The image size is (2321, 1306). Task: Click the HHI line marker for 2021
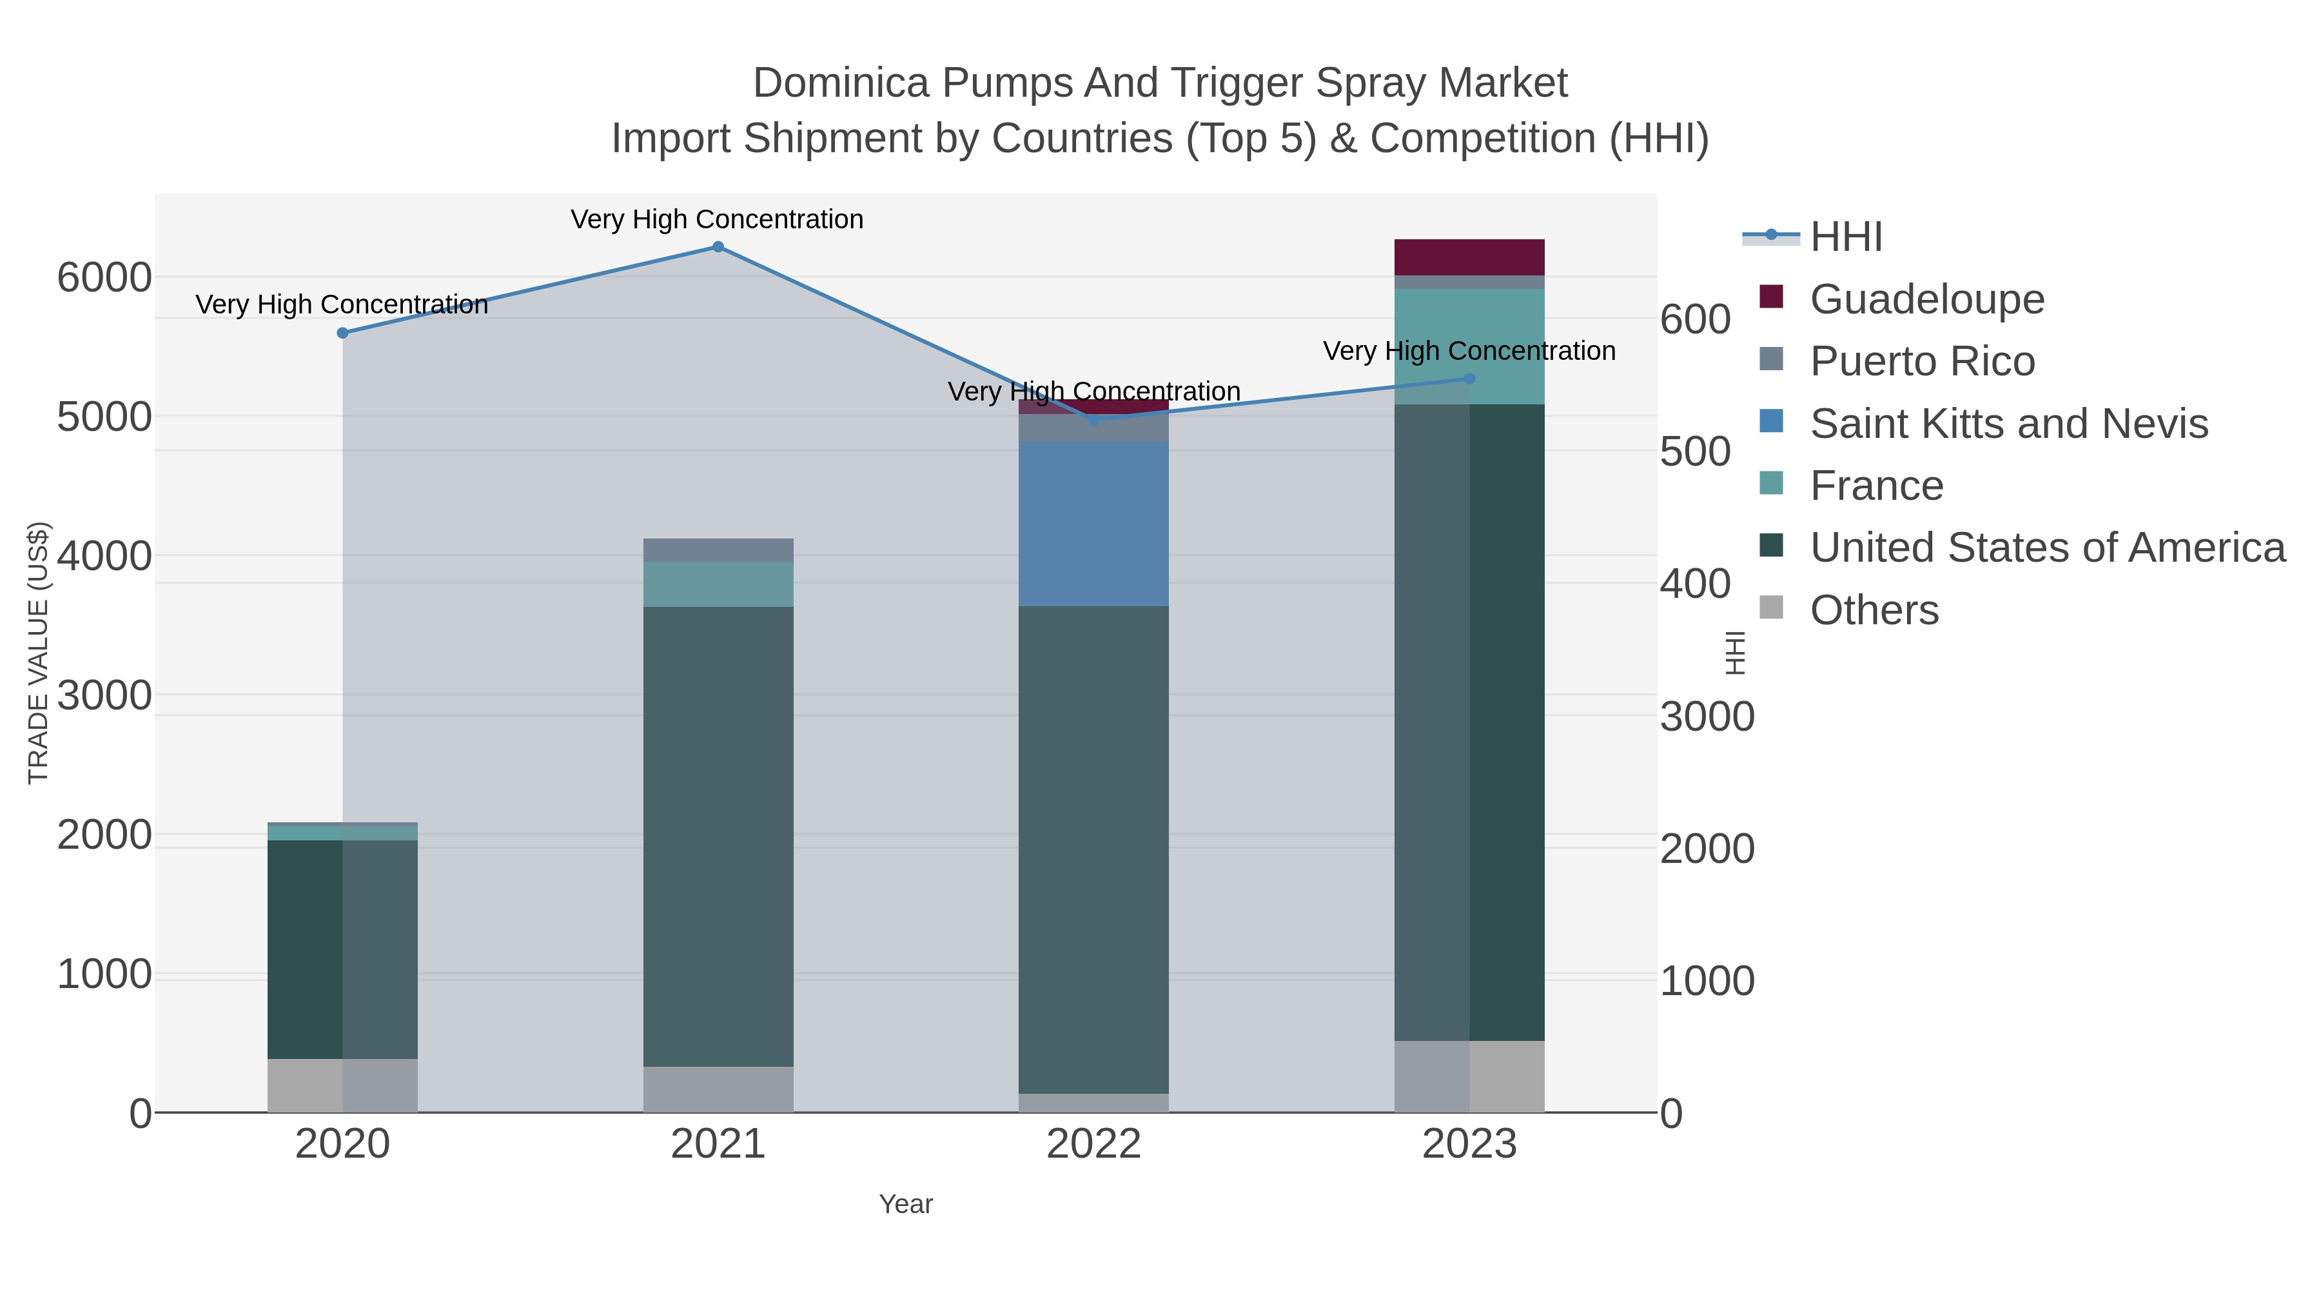point(718,247)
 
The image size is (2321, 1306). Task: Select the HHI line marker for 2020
point(342,333)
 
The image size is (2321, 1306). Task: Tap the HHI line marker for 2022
point(1094,419)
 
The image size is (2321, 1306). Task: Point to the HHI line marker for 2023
point(1469,379)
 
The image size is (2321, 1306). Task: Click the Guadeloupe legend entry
point(1926,299)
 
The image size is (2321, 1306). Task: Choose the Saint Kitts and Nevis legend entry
point(2008,424)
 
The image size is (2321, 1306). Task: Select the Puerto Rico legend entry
point(1922,361)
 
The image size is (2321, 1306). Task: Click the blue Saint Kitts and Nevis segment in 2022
point(1094,523)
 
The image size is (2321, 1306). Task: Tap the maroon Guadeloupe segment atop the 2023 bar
point(1469,257)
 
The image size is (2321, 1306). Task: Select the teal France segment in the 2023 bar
point(1469,347)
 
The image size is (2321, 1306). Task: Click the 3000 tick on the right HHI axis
point(1707,717)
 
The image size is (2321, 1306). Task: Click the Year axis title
point(906,1204)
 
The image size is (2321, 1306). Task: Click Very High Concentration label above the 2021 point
point(717,219)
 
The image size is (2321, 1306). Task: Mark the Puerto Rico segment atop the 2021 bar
point(718,549)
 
